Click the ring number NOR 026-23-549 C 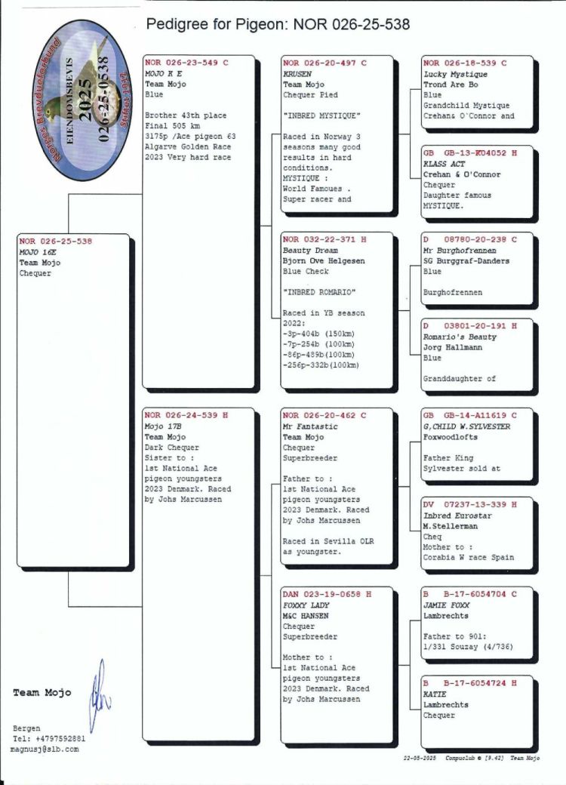[x=186, y=63]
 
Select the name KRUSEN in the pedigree [x=297, y=75]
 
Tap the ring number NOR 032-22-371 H [x=325, y=240]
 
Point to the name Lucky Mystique [x=455, y=75]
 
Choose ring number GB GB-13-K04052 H [x=469, y=153]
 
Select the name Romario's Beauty [x=460, y=337]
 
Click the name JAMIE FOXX [x=444, y=605]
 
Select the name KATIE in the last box [x=435, y=694]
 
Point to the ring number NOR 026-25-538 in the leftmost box [x=56, y=242]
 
